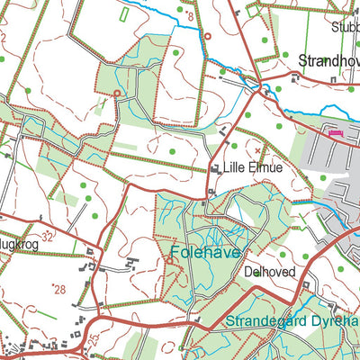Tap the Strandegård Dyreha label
pos(292,321)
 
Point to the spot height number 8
pos(190,16)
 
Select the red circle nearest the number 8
pos(208,37)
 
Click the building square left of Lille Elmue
pos(215,167)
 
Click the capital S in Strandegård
pos(231,321)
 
